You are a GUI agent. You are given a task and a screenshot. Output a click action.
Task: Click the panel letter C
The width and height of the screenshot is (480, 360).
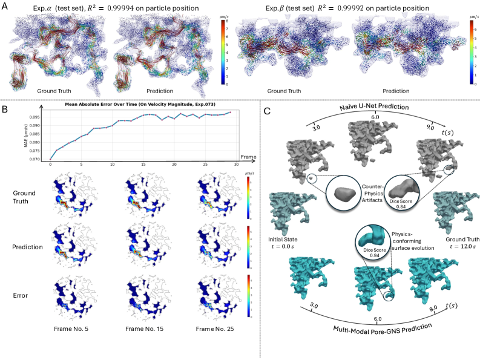tap(268, 112)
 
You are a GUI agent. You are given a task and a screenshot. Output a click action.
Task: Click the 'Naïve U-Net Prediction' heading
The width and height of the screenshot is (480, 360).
tap(369, 108)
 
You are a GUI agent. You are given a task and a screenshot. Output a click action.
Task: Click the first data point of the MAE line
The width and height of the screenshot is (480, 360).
tap(50, 159)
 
